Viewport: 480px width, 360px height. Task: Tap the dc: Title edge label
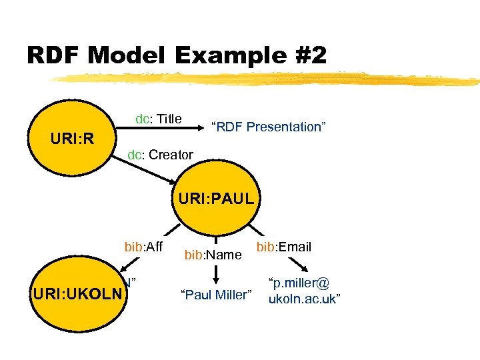[159, 119]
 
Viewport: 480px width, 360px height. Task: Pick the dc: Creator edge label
[161, 155]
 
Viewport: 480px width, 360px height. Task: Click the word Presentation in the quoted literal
[283, 127]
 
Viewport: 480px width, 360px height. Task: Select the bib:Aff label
[143, 247]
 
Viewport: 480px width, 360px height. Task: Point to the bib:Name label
[212, 254]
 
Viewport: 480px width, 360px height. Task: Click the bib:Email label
[283, 247]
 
